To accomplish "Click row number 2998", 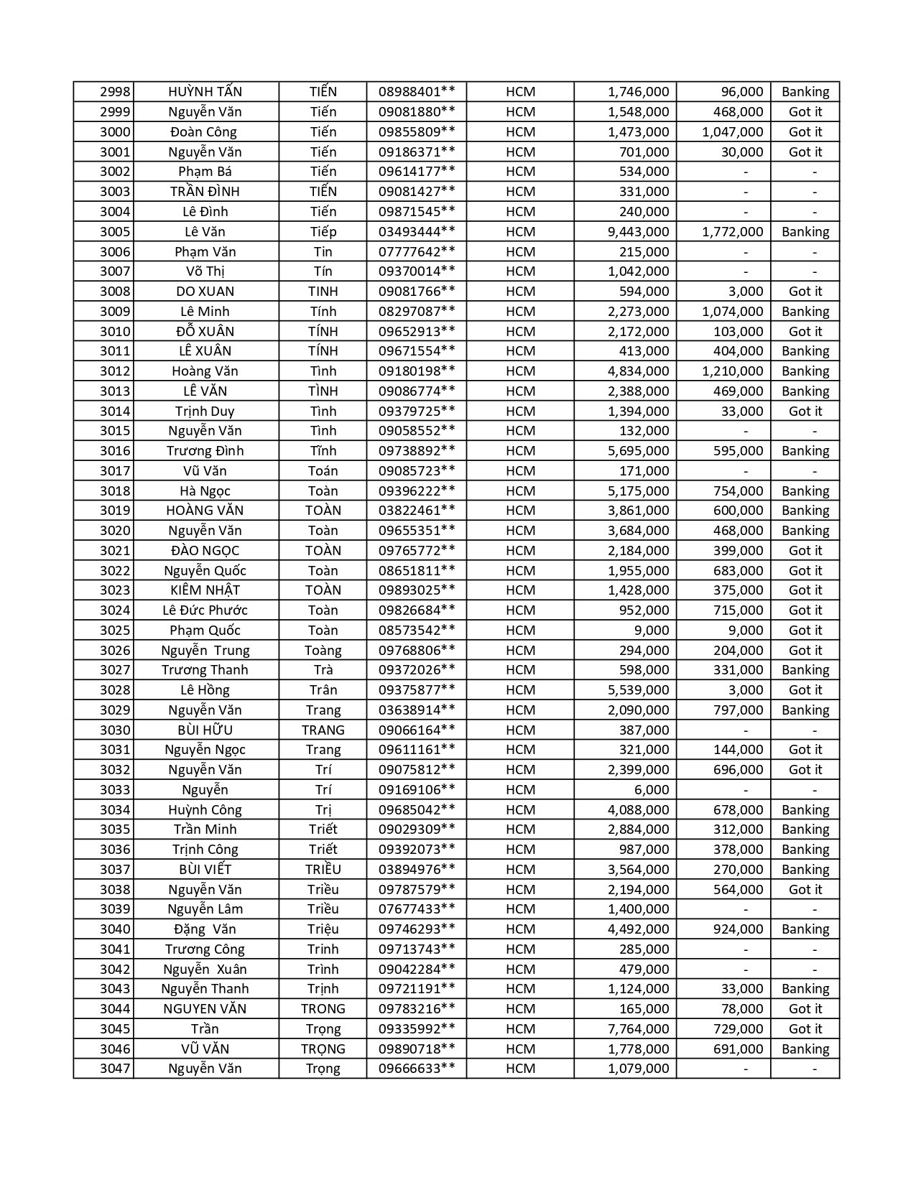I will click(115, 92).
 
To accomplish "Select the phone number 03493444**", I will click(417, 232).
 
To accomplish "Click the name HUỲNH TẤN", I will click(205, 92).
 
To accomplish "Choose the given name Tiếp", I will click(323, 232).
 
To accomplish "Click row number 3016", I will click(115, 451).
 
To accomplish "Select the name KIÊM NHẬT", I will click(205, 590).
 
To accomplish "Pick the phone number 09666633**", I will click(417, 1069).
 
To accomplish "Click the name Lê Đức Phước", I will click(205, 610).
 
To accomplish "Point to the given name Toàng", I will click(323, 651).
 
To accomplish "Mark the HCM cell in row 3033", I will click(520, 790).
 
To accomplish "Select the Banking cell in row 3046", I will click(805, 1049).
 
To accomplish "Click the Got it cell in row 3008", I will click(805, 292).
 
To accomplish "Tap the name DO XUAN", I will click(205, 292).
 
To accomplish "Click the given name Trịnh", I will click(323, 989).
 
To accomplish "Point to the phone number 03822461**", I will click(417, 511).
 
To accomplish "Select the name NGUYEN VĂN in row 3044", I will click(205, 1009).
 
